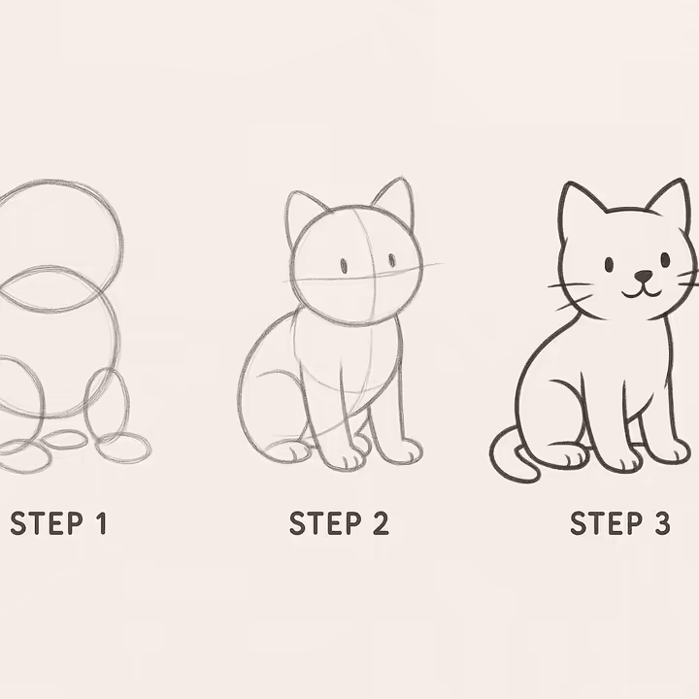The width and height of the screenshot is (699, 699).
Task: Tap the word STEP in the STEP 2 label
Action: pos(324,524)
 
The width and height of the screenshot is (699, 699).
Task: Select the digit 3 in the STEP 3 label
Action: pos(660,524)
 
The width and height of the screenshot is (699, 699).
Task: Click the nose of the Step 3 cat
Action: pos(642,276)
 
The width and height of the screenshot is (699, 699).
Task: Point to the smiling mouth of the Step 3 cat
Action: pos(641,288)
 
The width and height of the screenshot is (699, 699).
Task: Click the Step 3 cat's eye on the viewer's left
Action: pos(609,264)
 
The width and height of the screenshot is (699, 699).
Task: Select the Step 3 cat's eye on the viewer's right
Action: pos(665,259)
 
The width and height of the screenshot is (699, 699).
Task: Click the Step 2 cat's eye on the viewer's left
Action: pos(343,265)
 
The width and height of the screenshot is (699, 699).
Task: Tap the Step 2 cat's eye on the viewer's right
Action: pos(392,260)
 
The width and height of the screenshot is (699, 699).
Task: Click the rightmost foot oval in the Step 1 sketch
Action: pos(123,448)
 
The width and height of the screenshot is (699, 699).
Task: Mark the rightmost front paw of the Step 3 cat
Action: pos(667,451)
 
